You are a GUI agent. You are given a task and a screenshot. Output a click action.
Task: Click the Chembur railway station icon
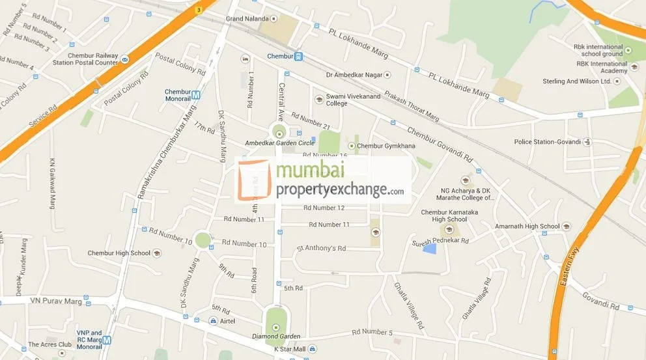point(298,57)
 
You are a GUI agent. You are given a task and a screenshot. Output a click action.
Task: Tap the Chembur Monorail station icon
point(196,95)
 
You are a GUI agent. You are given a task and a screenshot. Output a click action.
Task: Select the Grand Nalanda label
point(247,19)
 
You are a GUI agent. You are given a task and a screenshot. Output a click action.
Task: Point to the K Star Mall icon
point(312,350)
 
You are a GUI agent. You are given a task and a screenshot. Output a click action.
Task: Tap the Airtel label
point(227,321)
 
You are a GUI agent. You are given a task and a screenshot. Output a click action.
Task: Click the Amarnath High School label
point(527,227)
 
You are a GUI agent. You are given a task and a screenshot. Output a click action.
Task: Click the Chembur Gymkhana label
point(386,146)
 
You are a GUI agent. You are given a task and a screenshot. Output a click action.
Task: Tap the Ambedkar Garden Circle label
point(279,143)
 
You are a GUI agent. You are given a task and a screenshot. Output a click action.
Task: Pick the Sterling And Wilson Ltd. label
point(577,81)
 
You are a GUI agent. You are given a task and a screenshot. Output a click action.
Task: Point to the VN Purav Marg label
point(56,301)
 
